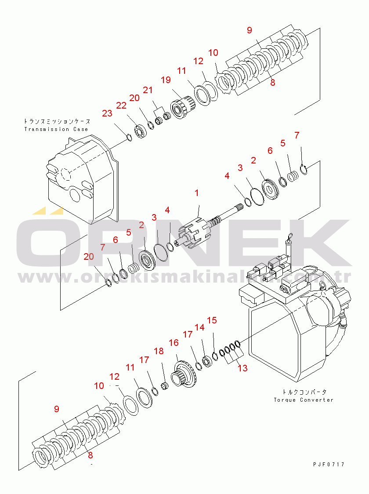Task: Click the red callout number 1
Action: coord(197,193)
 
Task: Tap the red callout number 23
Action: coord(107,113)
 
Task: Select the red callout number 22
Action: coord(121,105)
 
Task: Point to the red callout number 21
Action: coord(148,90)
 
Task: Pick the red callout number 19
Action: coord(166,80)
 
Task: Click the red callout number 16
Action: coord(174,342)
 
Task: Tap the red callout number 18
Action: coord(159,351)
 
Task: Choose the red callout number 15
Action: coord(212,320)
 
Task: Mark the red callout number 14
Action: coord(199,327)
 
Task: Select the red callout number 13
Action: coord(242,368)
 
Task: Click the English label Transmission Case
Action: coord(56,129)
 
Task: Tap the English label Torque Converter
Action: coord(304,400)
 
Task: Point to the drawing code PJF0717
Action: coord(329,465)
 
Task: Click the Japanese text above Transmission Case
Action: coord(57,121)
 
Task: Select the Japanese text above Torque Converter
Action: coord(304,392)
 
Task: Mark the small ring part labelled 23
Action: coord(128,137)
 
